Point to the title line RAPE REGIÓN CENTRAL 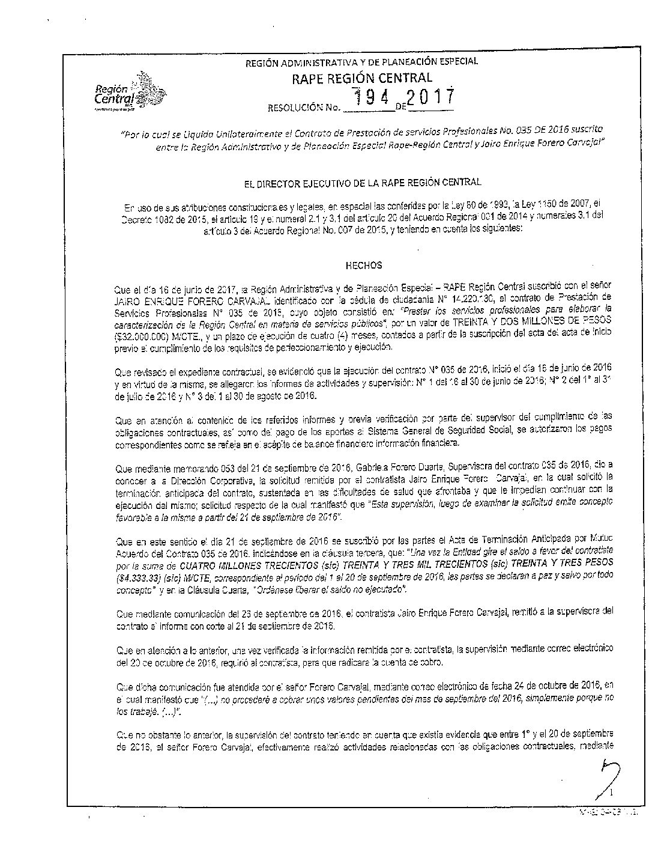click(362, 78)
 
